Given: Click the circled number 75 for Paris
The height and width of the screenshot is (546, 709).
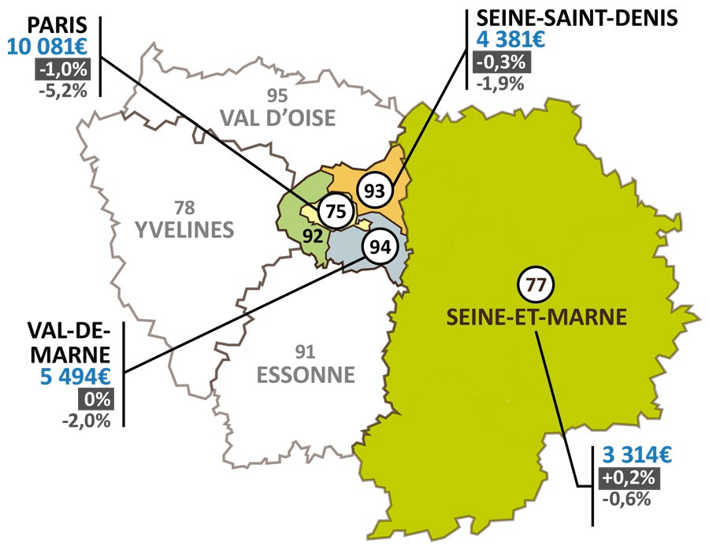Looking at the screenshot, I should click(x=336, y=211).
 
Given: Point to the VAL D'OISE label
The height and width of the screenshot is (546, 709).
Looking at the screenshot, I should click(x=277, y=118).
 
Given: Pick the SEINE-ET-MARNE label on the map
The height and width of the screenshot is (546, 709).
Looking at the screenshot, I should click(x=536, y=317).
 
